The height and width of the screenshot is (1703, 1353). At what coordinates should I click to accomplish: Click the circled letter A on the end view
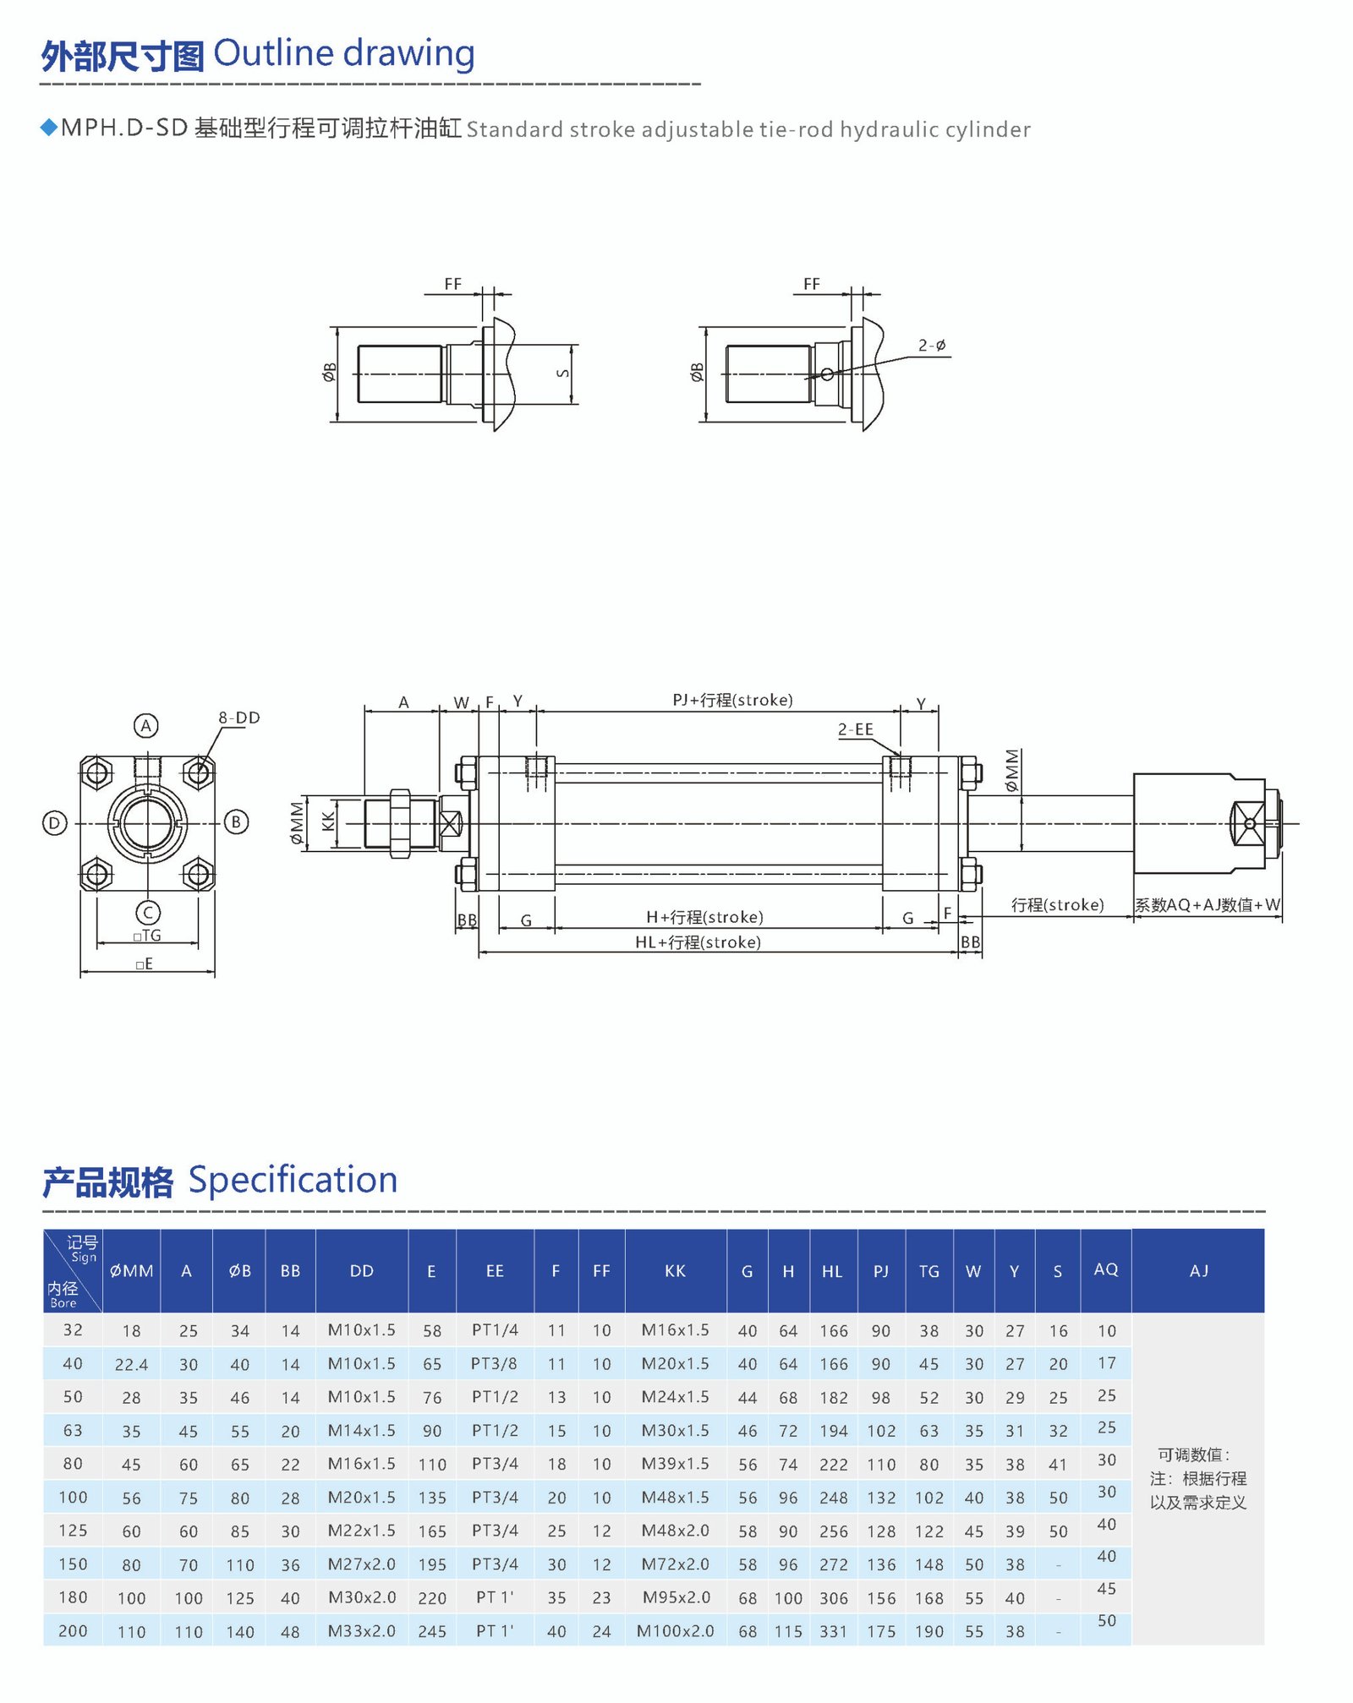(146, 725)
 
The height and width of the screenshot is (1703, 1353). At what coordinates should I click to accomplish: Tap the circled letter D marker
(55, 822)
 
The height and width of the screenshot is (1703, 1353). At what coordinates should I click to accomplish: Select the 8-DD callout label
(239, 718)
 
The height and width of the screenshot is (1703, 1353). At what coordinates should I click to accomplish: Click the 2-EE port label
(855, 729)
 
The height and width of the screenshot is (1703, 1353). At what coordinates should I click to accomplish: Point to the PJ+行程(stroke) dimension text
(732, 700)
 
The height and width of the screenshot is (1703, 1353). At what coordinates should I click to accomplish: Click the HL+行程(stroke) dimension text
(698, 942)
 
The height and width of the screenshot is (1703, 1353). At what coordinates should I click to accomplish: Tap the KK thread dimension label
(328, 821)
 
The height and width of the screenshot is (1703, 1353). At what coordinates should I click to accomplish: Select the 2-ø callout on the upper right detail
(931, 346)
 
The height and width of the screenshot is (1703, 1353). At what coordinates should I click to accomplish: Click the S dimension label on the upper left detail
(563, 374)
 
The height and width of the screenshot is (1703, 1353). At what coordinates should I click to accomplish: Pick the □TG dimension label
(147, 935)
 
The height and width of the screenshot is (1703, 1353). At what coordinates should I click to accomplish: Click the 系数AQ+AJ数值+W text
(1207, 904)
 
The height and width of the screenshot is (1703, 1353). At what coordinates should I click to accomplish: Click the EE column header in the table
(495, 1271)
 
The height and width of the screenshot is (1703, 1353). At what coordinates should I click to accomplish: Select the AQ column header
(1105, 1269)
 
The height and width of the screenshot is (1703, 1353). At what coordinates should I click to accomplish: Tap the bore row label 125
(73, 1531)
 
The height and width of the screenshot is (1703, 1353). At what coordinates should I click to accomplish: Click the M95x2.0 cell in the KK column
(675, 1597)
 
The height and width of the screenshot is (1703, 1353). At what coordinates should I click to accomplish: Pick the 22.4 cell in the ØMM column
(131, 1364)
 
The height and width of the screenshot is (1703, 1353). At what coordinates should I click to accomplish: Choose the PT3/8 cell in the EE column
(494, 1363)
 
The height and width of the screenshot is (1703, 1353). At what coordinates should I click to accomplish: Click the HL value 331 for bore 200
(833, 1631)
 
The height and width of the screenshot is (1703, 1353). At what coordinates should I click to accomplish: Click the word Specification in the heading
(293, 1180)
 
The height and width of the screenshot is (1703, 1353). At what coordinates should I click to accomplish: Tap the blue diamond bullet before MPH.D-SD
(48, 127)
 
